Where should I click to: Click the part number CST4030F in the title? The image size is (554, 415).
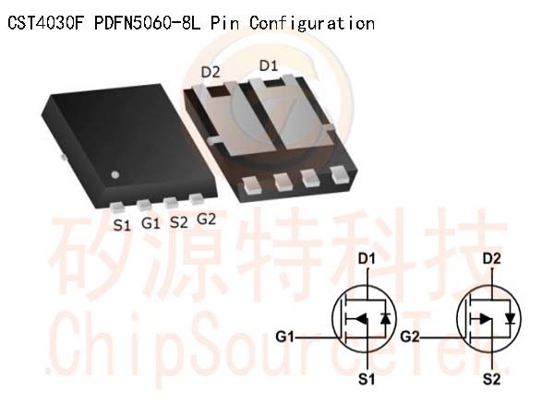pos(45,23)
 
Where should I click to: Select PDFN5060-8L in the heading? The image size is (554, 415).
pos(148,23)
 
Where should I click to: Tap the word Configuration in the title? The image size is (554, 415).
pos(312,24)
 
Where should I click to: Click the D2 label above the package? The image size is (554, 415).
pos(211,72)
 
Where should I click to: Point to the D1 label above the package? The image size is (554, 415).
pos(269,65)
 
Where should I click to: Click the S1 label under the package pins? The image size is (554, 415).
pos(122,225)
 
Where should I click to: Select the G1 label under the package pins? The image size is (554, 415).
pos(151,223)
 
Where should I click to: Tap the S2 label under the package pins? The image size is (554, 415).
pos(179,222)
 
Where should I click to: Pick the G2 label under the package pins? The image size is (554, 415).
pos(206,219)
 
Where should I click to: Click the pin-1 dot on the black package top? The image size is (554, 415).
pos(115,174)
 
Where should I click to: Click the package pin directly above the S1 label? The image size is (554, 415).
pos(117,207)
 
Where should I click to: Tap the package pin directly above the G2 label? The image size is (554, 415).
pos(197,198)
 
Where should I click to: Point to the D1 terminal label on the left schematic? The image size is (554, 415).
pos(367,258)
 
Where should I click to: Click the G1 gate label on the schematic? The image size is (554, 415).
pos(285,337)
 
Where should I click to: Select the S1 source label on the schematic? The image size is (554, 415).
pos(367,379)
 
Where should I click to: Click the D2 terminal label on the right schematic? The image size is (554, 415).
pos(492,258)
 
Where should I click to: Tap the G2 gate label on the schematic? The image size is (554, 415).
pos(410,337)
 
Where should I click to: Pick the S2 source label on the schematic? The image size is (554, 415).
pos(492,379)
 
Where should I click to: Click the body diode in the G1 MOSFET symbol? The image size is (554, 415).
pos(385,319)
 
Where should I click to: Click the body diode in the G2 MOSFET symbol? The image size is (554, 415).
pos(511,319)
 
